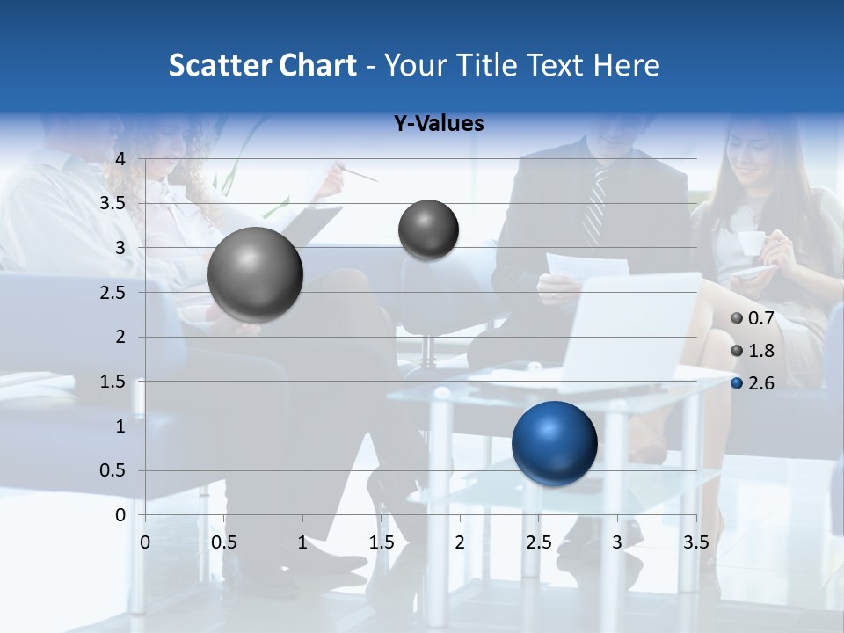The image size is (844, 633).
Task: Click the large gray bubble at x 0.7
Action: tap(256, 274)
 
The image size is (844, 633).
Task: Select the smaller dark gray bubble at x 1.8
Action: tap(428, 229)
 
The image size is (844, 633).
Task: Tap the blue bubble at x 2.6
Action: tap(554, 443)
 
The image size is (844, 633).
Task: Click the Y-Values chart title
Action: tap(439, 124)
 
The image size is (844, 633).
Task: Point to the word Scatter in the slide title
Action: tap(220, 65)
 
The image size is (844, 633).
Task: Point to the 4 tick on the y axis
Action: tap(121, 159)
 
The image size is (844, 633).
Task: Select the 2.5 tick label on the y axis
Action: tap(113, 293)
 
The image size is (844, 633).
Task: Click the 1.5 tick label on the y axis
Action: tap(113, 382)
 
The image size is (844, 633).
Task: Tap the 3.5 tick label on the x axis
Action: tap(695, 542)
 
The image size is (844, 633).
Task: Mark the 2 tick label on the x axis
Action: tap(459, 542)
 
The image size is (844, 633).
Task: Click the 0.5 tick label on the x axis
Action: tap(224, 542)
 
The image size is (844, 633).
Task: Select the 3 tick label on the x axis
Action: tap(617, 542)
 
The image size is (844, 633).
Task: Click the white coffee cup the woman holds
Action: tap(752, 243)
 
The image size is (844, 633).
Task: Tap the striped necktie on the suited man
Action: tap(595, 207)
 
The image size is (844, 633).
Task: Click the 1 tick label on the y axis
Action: tap(121, 426)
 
